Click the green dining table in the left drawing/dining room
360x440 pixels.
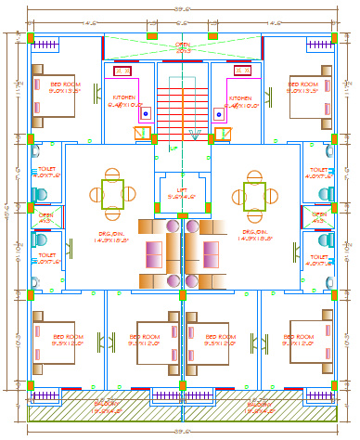click(112, 194)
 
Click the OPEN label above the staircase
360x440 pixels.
click(183, 45)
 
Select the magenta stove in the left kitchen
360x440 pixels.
click(122, 71)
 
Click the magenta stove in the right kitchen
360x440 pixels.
click(243, 71)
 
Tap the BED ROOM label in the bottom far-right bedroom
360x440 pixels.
click(302, 339)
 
